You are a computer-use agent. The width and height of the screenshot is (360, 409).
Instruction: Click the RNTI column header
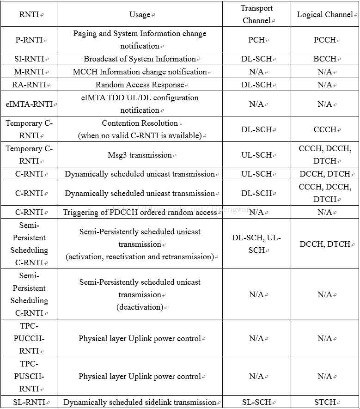pos(29,14)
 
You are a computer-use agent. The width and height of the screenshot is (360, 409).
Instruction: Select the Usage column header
pos(140,14)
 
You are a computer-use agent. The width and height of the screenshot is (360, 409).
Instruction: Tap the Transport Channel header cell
pos(256,14)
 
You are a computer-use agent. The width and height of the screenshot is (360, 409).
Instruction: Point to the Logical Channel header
pos(325,14)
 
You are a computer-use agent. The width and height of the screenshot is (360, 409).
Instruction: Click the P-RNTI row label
pos(29,40)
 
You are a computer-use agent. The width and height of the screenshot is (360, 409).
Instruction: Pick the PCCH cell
pos(325,40)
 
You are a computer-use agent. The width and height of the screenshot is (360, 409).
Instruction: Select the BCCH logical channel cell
pos(325,59)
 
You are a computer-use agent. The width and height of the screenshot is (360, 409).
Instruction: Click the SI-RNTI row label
pos(29,59)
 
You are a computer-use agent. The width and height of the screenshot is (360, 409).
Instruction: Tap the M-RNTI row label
pos(29,72)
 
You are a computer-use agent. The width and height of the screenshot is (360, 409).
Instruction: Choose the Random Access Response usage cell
pos(140,85)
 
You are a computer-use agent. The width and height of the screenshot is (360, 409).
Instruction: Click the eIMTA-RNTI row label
pos(29,104)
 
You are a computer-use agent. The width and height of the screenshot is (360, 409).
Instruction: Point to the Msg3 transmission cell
pos(140,155)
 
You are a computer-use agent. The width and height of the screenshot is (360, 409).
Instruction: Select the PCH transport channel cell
pos(256,40)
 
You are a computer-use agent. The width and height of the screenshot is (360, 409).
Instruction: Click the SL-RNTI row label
pos(29,402)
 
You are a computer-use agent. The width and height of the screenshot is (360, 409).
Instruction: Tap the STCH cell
pos(325,402)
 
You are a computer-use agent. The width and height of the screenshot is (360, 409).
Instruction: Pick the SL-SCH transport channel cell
pos(256,402)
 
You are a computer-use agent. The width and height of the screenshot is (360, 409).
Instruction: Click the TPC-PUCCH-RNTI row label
pos(29,338)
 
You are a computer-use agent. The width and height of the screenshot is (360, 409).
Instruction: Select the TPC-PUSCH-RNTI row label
pos(29,377)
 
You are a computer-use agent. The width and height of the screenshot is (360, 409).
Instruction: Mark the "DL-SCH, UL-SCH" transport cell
pos(256,244)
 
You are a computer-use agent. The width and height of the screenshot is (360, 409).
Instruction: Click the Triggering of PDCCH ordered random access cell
pos(140,212)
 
